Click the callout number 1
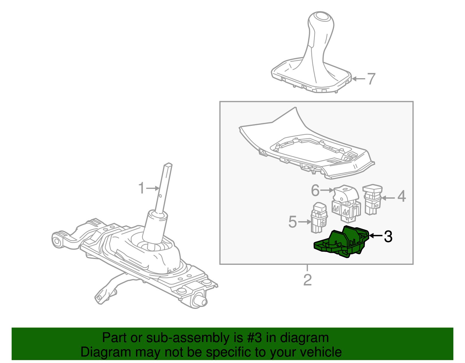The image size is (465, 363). (142, 188)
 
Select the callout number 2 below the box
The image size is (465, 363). (307, 280)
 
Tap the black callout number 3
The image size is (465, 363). (388, 236)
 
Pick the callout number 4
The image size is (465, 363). (401, 196)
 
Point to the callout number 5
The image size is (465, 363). (292, 222)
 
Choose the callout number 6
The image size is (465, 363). (315, 191)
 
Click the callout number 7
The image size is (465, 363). (371, 79)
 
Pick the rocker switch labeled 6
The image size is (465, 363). (346, 203)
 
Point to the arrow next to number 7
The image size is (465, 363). (358, 79)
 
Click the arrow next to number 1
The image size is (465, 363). (153, 188)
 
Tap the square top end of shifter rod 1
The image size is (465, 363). (168, 165)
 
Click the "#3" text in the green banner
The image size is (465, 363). (255, 338)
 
